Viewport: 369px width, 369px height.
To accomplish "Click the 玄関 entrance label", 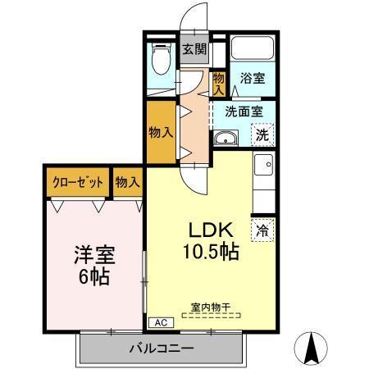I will click(194, 49).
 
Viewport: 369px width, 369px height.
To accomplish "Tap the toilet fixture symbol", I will click(162, 60).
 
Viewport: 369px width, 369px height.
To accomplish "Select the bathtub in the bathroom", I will click(252, 48).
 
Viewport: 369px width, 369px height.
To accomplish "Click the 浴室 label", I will click(252, 80).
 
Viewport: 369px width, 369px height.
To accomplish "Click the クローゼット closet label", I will click(77, 182).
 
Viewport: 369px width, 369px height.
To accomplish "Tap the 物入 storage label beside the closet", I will click(127, 182).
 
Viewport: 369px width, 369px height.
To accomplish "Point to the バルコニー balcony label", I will click(161, 348).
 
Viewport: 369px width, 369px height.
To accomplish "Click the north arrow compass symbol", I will click(312, 348).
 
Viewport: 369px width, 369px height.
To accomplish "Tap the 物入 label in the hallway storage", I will click(160, 131).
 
